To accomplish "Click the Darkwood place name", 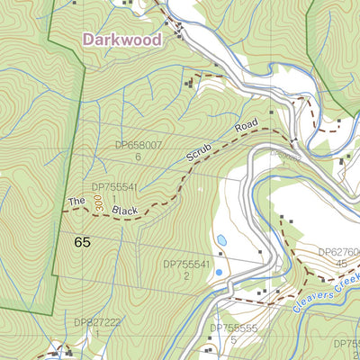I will tap(122, 40).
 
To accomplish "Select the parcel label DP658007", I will tap(138, 144).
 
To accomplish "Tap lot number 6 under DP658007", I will tap(139, 157).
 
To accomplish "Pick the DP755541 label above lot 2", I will tap(186, 265).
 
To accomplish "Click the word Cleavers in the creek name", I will tap(314, 300).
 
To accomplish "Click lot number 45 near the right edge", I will tap(343, 264).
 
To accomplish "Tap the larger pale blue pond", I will tap(220, 240).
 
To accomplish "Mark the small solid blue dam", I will tap(218, 271).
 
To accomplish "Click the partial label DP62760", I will tap(338, 253).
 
